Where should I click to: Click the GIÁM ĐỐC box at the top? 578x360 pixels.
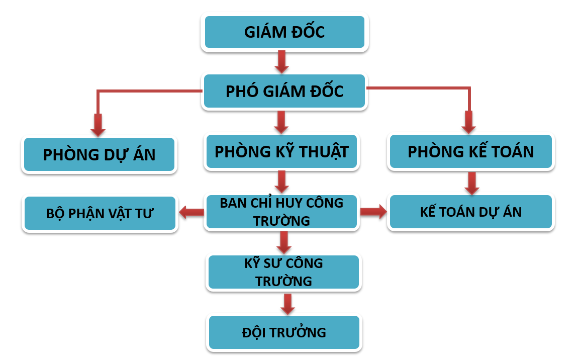click(284, 32)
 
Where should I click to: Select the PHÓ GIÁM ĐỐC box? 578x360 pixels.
click(284, 91)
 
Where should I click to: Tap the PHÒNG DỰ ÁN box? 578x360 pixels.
click(99, 154)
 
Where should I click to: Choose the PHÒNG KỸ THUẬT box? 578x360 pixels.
click(281, 152)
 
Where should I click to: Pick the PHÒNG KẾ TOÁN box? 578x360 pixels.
click(471, 152)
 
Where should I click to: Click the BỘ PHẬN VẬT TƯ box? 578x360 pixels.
click(100, 213)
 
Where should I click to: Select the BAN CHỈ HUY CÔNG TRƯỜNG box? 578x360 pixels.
click(281, 212)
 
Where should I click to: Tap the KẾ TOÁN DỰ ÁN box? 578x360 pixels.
click(471, 212)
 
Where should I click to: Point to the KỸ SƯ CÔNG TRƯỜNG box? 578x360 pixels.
click(283, 272)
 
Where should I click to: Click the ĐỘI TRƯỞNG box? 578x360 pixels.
click(284, 332)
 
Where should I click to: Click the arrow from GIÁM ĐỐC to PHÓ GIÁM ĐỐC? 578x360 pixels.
click(281, 62)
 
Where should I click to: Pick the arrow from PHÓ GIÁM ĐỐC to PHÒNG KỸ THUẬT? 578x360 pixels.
click(281, 122)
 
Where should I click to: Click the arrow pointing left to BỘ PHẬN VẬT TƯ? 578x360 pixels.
click(191, 212)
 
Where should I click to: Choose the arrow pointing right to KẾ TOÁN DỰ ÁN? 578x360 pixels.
click(373, 212)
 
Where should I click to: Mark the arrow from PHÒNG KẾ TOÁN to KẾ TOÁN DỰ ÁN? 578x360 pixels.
click(472, 184)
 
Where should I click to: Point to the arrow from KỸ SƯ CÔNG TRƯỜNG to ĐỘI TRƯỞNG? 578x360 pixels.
click(287, 304)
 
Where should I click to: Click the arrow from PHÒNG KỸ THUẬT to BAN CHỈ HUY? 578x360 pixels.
click(281, 182)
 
